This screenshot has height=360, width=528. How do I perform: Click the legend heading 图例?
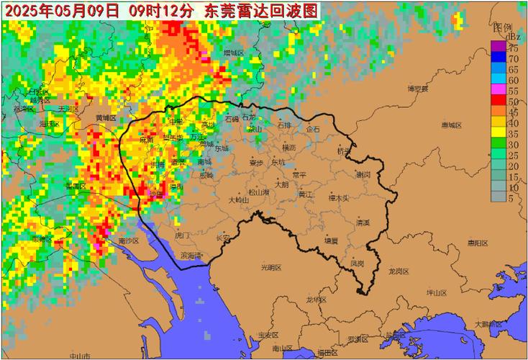pos(502,27)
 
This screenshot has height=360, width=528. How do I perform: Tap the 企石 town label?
pos(312,129)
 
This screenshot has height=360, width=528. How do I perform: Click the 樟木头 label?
pos(338,197)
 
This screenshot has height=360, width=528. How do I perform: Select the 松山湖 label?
pos(259,192)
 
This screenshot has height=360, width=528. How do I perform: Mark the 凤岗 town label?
pos(356,264)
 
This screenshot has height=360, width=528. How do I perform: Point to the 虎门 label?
pos(182,235)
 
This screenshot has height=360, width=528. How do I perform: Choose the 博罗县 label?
pos(417,89)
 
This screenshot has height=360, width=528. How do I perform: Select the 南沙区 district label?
pos(132,240)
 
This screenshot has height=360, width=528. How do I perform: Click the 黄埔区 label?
pos(106,117)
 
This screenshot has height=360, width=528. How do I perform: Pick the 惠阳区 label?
pos(477,243)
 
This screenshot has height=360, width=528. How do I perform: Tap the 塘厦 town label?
pos(330,240)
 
